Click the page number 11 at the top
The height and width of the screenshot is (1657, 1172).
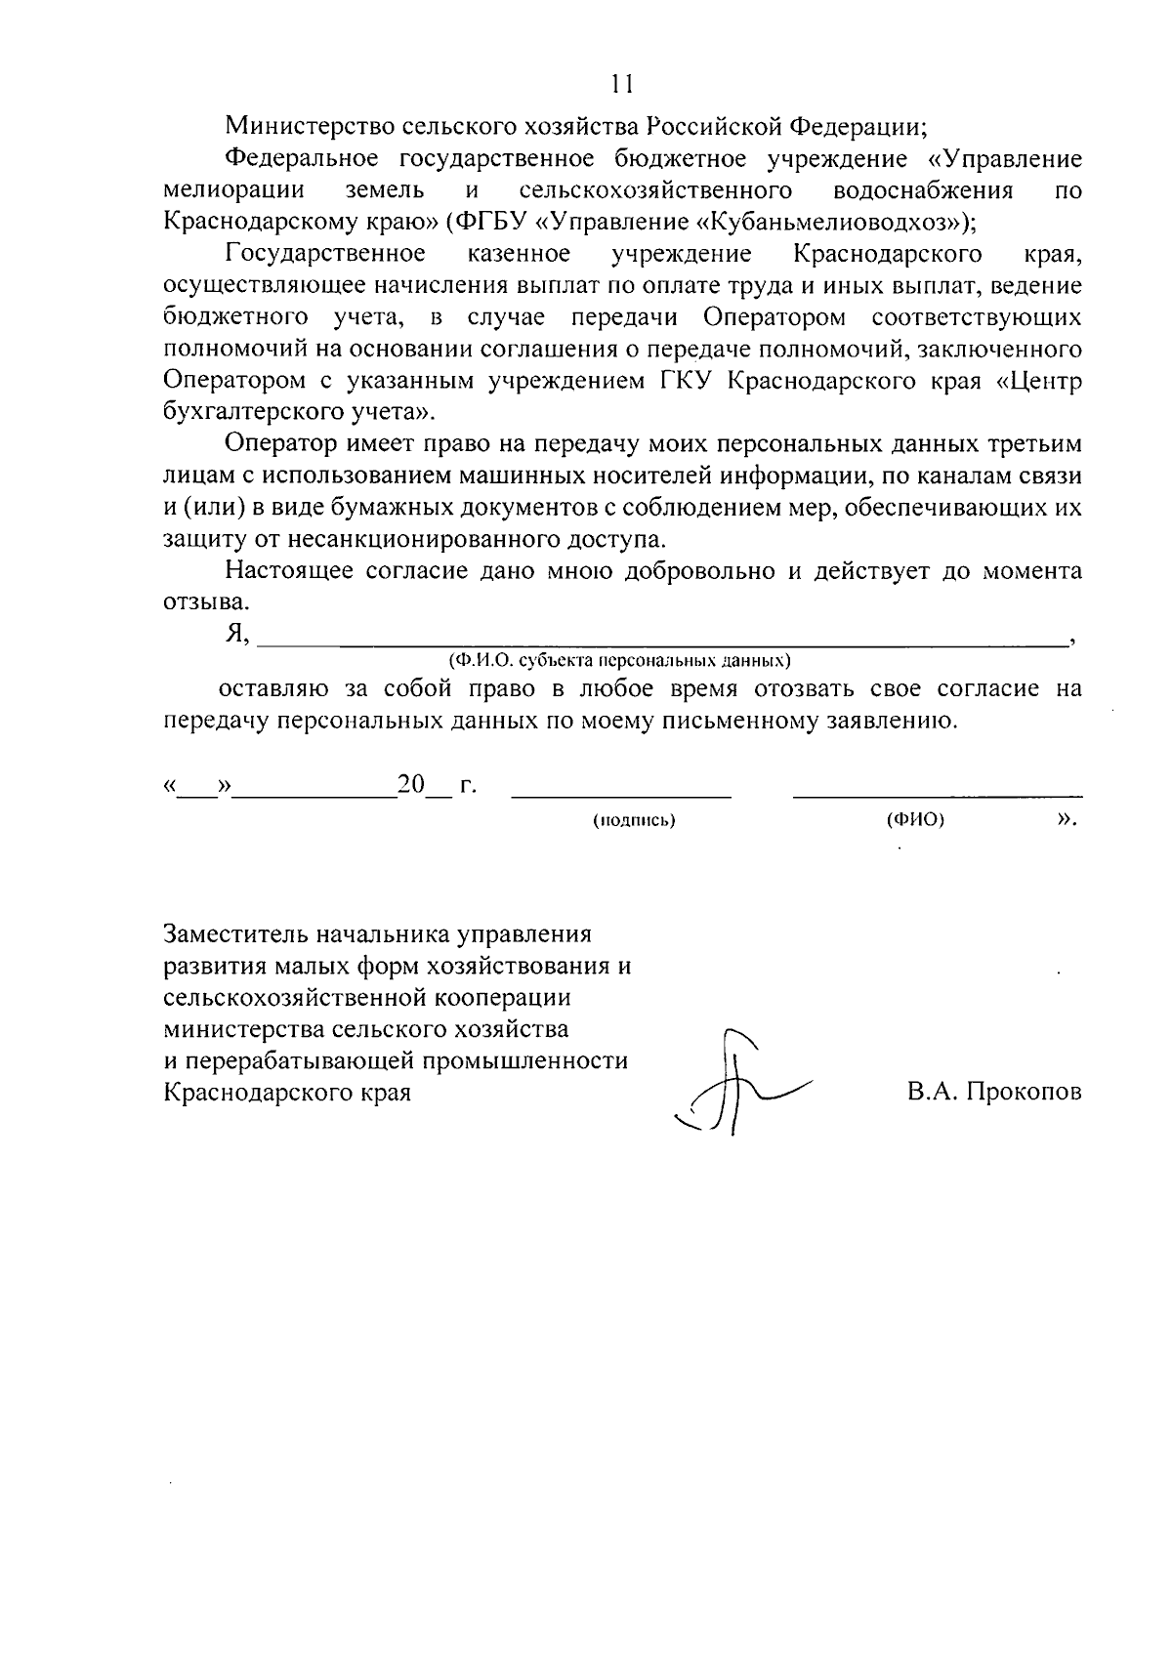(x=622, y=85)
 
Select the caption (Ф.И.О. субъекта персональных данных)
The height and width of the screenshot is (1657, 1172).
(x=619, y=661)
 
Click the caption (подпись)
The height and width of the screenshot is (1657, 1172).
(x=634, y=821)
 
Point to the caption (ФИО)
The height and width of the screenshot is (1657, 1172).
(x=915, y=821)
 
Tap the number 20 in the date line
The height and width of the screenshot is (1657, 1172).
(x=411, y=786)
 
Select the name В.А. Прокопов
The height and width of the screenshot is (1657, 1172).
(x=993, y=1093)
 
